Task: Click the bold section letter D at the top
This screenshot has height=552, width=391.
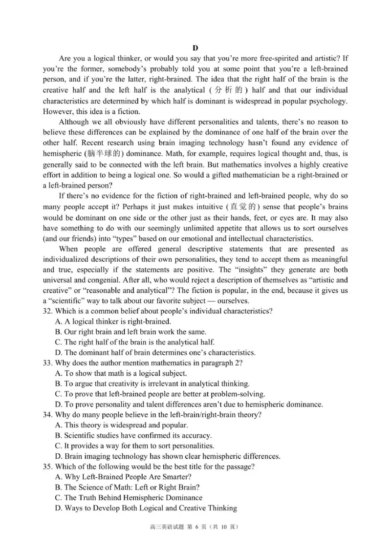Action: click(195, 47)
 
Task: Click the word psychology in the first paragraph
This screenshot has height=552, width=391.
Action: click(328, 101)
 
